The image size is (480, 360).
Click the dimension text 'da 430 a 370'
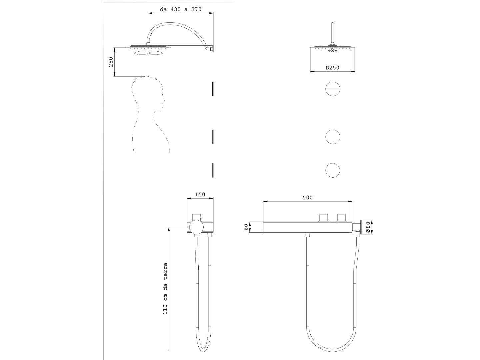tap(181, 9)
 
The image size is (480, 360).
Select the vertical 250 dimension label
tap(111, 62)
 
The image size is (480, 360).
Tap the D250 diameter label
tap(332, 68)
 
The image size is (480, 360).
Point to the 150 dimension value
tap(200, 194)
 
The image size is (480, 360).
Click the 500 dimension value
tap(307, 198)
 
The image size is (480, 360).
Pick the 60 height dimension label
tap(246, 227)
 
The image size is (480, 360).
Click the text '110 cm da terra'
tap(165, 289)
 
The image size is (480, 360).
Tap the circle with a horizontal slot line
tap(333, 89)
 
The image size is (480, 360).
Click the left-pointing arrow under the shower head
tap(140, 53)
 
